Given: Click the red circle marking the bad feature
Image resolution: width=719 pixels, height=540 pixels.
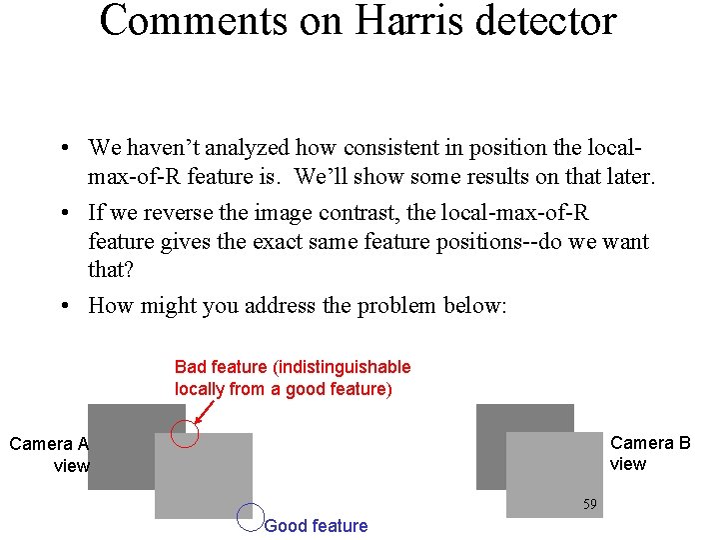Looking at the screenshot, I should click(185, 435).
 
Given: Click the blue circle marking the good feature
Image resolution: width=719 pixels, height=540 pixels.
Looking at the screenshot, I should click(250, 515).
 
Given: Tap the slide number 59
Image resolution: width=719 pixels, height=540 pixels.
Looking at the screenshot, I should click(590, 505).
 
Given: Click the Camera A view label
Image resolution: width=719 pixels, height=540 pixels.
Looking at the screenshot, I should click(50, 454).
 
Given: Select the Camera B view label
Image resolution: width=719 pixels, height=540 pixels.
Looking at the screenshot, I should click(649, 453).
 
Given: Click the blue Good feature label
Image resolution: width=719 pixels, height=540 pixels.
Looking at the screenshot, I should click(316, 526).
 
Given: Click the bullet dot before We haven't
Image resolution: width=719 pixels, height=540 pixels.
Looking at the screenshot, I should click(63, 149).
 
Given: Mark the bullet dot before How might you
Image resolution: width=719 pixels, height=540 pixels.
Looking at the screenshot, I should click(63, 307).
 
